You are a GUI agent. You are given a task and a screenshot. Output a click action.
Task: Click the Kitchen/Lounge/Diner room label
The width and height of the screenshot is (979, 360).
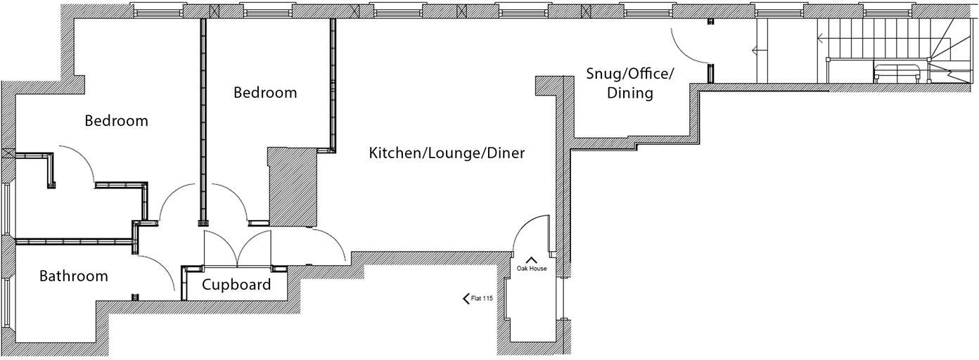[x=447, y=153]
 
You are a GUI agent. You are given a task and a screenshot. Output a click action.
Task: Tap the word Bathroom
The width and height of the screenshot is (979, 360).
[x=74, y=276]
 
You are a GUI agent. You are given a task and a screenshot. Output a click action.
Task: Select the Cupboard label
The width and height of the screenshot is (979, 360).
[x=236, y=285]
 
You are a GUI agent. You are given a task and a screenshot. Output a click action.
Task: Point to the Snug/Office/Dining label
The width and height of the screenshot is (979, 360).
[x=630, y=83]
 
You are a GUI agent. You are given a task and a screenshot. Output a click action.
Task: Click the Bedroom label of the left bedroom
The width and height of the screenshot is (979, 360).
[x=116, y=120]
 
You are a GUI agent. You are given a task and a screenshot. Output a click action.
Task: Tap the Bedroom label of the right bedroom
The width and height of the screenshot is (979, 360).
[x=265, y=92]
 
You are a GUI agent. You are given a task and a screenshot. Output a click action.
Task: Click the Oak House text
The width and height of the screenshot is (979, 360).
[x=532, y=269]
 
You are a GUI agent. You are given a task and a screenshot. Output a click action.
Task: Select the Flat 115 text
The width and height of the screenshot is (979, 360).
[x=482, y=299]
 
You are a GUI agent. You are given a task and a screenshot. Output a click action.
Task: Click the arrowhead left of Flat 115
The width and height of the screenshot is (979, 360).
[x=466, y=299]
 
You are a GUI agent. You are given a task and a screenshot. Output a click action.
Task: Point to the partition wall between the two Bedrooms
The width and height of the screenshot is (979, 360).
[x=203, y=116]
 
